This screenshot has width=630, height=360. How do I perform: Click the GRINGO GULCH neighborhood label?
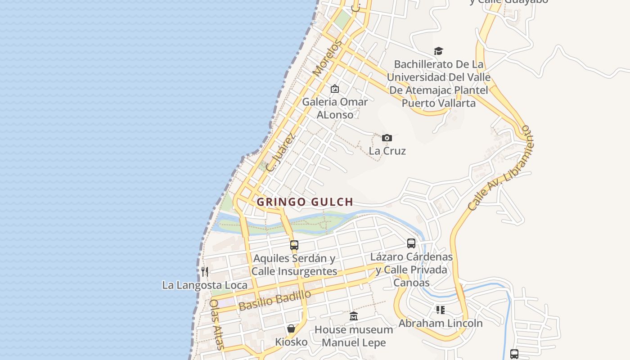(x=305, y=202)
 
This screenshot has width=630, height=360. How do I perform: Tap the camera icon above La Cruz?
(x=387, y=138)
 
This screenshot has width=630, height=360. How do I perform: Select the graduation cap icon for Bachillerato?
(x=438, y=51)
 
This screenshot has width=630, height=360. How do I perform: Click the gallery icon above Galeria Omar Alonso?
(x=334, y=89)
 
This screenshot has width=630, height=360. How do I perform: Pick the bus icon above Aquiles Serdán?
(x=294, y=245)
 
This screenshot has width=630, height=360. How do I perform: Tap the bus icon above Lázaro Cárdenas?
(x=411, y=243)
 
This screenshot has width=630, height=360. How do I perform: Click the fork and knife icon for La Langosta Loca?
(x=205, y=271)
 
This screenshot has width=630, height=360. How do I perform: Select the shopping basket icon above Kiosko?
(x=291, y=328)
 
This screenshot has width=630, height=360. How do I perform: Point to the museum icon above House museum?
(x=354, y=316)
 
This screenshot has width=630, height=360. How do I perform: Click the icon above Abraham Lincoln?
(x=440, y=310)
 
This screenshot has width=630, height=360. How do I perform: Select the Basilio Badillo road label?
(x=275, y=300)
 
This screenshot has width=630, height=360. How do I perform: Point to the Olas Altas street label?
(x=216, y=324)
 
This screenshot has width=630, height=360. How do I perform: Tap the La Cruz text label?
(x=387, y=151)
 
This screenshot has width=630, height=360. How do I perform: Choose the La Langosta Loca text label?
(x=205, y=285)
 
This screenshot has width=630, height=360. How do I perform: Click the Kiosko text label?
(x=291, y=342)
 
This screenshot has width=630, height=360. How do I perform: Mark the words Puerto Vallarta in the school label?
(x=438, y=103)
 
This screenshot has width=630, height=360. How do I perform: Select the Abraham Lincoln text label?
(x=440, y=323)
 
